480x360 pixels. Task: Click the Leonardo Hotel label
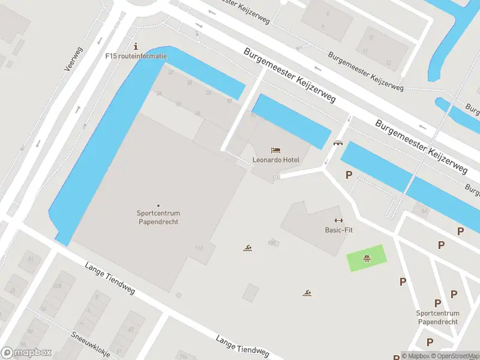[x=276, y=160]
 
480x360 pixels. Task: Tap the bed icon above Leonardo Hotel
[x=275, y=149]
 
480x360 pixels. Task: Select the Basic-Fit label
[x=338, y=230]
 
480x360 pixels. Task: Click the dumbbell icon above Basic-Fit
[x=338, y=220]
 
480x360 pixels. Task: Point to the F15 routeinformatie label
[x=136, y=56]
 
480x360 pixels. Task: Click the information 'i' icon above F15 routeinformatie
[x=136, y=46]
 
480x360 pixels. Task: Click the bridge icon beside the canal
[x=338, y=143]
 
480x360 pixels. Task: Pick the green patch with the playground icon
[x=366, y=259]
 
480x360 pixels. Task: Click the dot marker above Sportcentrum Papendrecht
[x=158, y=206]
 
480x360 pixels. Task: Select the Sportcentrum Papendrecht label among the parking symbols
[x=437, y=317]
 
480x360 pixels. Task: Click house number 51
[x=30, y=259]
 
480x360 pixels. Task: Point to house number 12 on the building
[x=388, y=62]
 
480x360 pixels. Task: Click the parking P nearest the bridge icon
[x=349, y=175]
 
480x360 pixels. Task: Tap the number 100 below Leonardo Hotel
[x=277, y=177]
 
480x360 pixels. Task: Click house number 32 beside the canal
[x=171, y=73]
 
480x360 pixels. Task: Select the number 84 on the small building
[x=424, y=211]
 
